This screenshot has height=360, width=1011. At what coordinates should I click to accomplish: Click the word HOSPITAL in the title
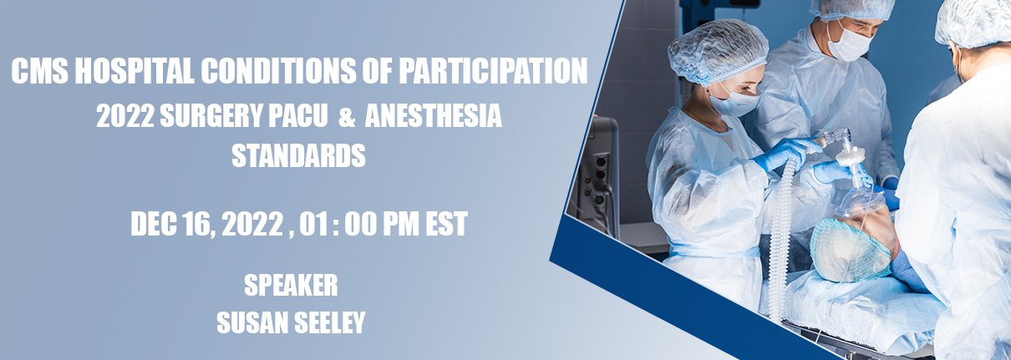click(134, 71)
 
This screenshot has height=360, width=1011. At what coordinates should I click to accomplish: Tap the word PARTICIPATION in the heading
click(493, 71)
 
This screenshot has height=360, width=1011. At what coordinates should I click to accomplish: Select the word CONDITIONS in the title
click(278, 71)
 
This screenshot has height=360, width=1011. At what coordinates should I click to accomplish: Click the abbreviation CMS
click(40, 71)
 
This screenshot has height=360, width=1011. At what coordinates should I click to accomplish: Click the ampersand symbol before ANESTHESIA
click(346, 116)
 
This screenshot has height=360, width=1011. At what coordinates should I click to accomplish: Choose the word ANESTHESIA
click(434, 115)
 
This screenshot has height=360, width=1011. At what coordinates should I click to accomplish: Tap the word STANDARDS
click(298, 155)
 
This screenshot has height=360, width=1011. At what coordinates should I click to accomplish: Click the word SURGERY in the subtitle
click(211, 115)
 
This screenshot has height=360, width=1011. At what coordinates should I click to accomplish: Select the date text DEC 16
click(170, 224)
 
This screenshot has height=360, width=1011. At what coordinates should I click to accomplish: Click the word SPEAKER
click(291, 285)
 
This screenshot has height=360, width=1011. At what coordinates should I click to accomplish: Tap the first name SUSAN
click(252, 322)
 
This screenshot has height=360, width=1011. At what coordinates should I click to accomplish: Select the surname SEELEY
click(329, 322)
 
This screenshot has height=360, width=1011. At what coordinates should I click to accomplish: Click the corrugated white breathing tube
click(780, 239)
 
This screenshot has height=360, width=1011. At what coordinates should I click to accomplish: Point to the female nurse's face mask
click(734, 104)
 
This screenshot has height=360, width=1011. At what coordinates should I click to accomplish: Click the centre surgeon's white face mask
click(850, 45)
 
